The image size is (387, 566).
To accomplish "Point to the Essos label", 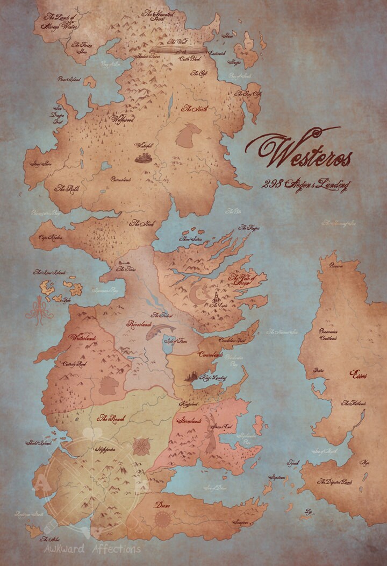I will point(359,372).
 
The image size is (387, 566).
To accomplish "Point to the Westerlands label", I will point(81,338).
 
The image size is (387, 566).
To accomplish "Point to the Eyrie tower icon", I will point(214,296).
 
